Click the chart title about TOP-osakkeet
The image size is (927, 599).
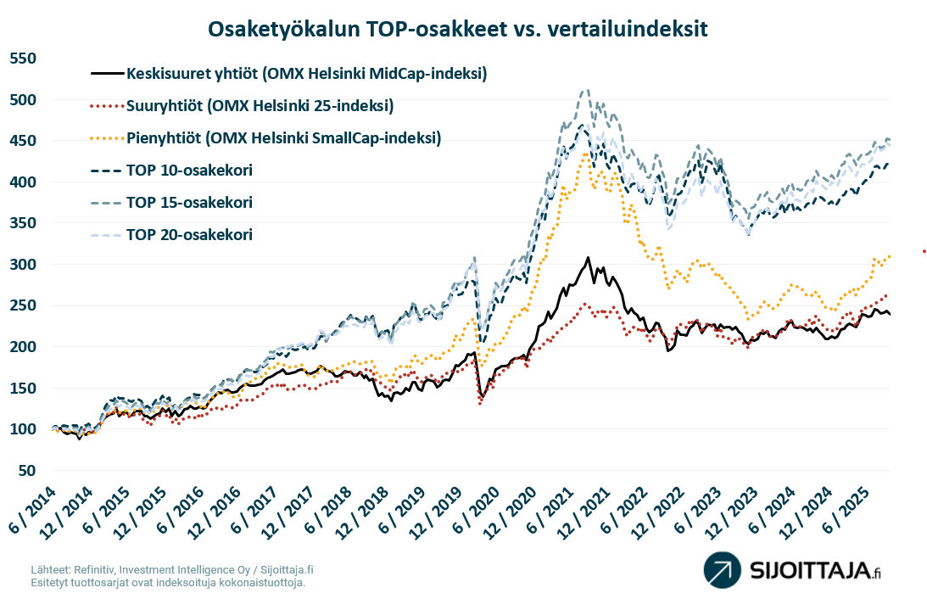(458, 28)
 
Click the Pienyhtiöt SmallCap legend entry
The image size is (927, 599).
(283, 138)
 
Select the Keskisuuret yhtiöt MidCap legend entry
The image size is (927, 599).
(305, 74)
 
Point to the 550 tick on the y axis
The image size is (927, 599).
(23, 59)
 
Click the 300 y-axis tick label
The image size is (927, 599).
(23, 265)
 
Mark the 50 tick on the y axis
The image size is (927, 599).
(27, 471)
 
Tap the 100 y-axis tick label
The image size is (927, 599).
(23, 430)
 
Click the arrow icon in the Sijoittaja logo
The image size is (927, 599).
(722, 569)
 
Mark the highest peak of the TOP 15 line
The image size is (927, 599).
(584, 90)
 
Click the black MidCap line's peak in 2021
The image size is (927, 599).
(587, 258)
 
